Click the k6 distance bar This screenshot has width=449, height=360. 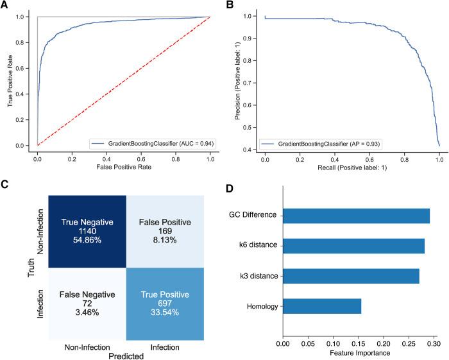click(x=353, y=246)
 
